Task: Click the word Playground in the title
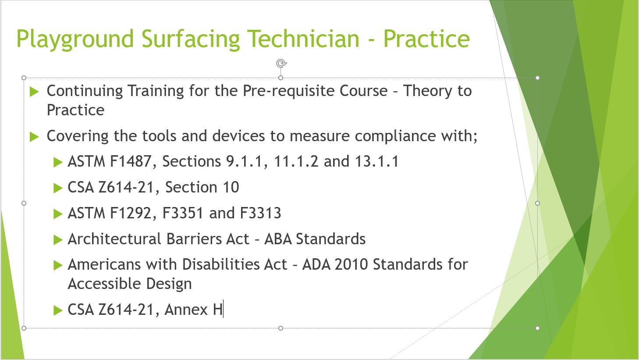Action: tap(75, 39)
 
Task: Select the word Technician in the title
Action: tap(303, 39)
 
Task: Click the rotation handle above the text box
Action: tap(281, 64)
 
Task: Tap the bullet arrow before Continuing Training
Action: tap(34, 92)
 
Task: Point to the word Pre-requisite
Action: tap(288, 91)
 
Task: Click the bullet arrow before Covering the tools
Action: tap(34, 137)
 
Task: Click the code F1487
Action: tap(130, 161)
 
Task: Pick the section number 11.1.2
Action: tap(296, 161)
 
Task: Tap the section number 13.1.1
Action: tap(377, 161)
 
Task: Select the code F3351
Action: tap(183, 213)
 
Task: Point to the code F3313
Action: tap(261, 213)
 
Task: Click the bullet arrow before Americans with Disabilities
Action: tap(58, 265)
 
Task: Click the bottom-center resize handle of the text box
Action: tap(280, 328)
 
